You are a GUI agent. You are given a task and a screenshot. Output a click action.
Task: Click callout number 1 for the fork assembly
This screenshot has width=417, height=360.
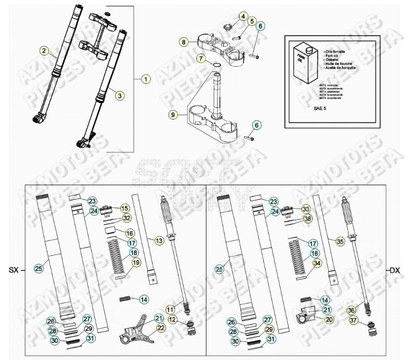tap(145, 78)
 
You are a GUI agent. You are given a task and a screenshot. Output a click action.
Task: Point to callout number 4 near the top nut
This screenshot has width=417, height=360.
tap(243, 16)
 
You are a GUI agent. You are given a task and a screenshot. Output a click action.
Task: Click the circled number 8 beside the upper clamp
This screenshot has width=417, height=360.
tap(184, 42)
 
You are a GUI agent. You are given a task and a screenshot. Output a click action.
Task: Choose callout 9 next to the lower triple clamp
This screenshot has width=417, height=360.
tap(173, 115)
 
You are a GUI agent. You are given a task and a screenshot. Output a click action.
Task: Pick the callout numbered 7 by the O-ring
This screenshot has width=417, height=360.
tap(201, 58)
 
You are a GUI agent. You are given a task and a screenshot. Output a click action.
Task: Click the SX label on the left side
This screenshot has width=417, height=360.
tap(14, 270)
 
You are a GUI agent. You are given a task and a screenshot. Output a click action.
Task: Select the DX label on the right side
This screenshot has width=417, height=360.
tap(394, 270)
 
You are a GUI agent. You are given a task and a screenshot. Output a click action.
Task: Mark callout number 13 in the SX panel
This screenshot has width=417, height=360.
tap(159, 241)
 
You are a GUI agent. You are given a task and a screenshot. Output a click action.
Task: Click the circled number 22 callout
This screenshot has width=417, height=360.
tap(161, 328)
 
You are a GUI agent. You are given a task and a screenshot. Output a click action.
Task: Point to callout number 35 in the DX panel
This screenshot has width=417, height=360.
tap(340, 241)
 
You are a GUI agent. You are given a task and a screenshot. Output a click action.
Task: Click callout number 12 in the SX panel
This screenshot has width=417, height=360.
tap(172, 320)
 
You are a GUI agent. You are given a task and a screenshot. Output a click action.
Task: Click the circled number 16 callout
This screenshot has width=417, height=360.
tap(129, 233)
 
